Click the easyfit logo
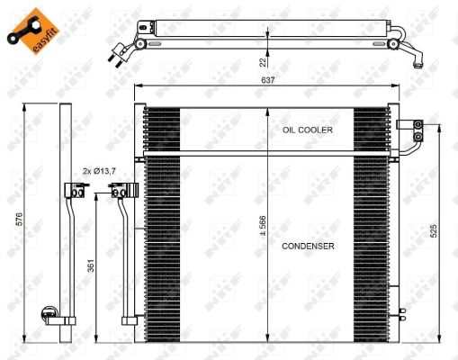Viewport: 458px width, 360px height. tap(27, 26)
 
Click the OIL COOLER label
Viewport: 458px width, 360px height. tap(308, 130)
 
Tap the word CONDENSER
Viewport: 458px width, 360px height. tap(308, 246)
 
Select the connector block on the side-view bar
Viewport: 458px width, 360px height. tap(72, 190)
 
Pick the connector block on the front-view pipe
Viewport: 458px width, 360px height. tap(119, 190)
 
